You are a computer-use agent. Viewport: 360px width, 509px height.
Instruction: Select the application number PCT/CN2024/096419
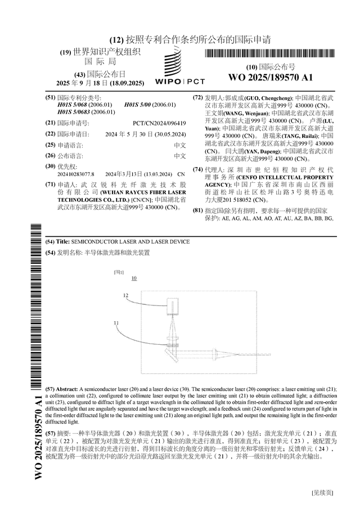159,123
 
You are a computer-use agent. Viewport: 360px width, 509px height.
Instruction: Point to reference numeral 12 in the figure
126,295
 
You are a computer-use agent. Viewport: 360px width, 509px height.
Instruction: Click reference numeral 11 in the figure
116,323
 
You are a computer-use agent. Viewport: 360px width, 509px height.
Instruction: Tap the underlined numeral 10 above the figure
134,278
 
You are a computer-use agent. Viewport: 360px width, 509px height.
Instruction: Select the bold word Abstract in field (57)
68,389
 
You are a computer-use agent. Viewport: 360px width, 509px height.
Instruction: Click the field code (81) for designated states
197,210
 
